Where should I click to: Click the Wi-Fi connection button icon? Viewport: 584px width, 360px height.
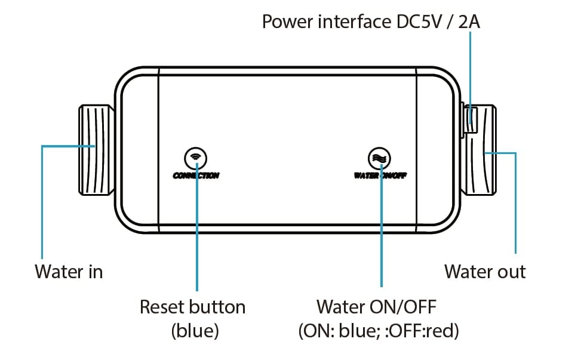(195, 157)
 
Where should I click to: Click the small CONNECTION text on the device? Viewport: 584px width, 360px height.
(196, 176)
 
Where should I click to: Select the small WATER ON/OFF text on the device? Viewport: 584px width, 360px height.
(381, 176)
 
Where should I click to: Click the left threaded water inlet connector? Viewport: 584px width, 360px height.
(95, 150)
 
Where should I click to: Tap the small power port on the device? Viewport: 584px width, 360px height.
(471, 117)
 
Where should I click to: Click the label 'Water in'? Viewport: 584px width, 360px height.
(69, 272)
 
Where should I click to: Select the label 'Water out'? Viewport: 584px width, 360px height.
(485, 272)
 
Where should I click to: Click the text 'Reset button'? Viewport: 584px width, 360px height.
(192, 307)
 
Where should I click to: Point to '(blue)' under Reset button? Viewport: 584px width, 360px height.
(195, 331)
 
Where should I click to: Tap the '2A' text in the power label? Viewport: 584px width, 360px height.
(471, 22)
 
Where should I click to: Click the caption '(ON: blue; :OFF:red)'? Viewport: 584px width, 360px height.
(379, 331)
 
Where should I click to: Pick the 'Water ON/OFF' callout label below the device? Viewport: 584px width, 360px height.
(377, 307)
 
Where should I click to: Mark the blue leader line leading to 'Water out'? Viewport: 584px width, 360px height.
(515, 203)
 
